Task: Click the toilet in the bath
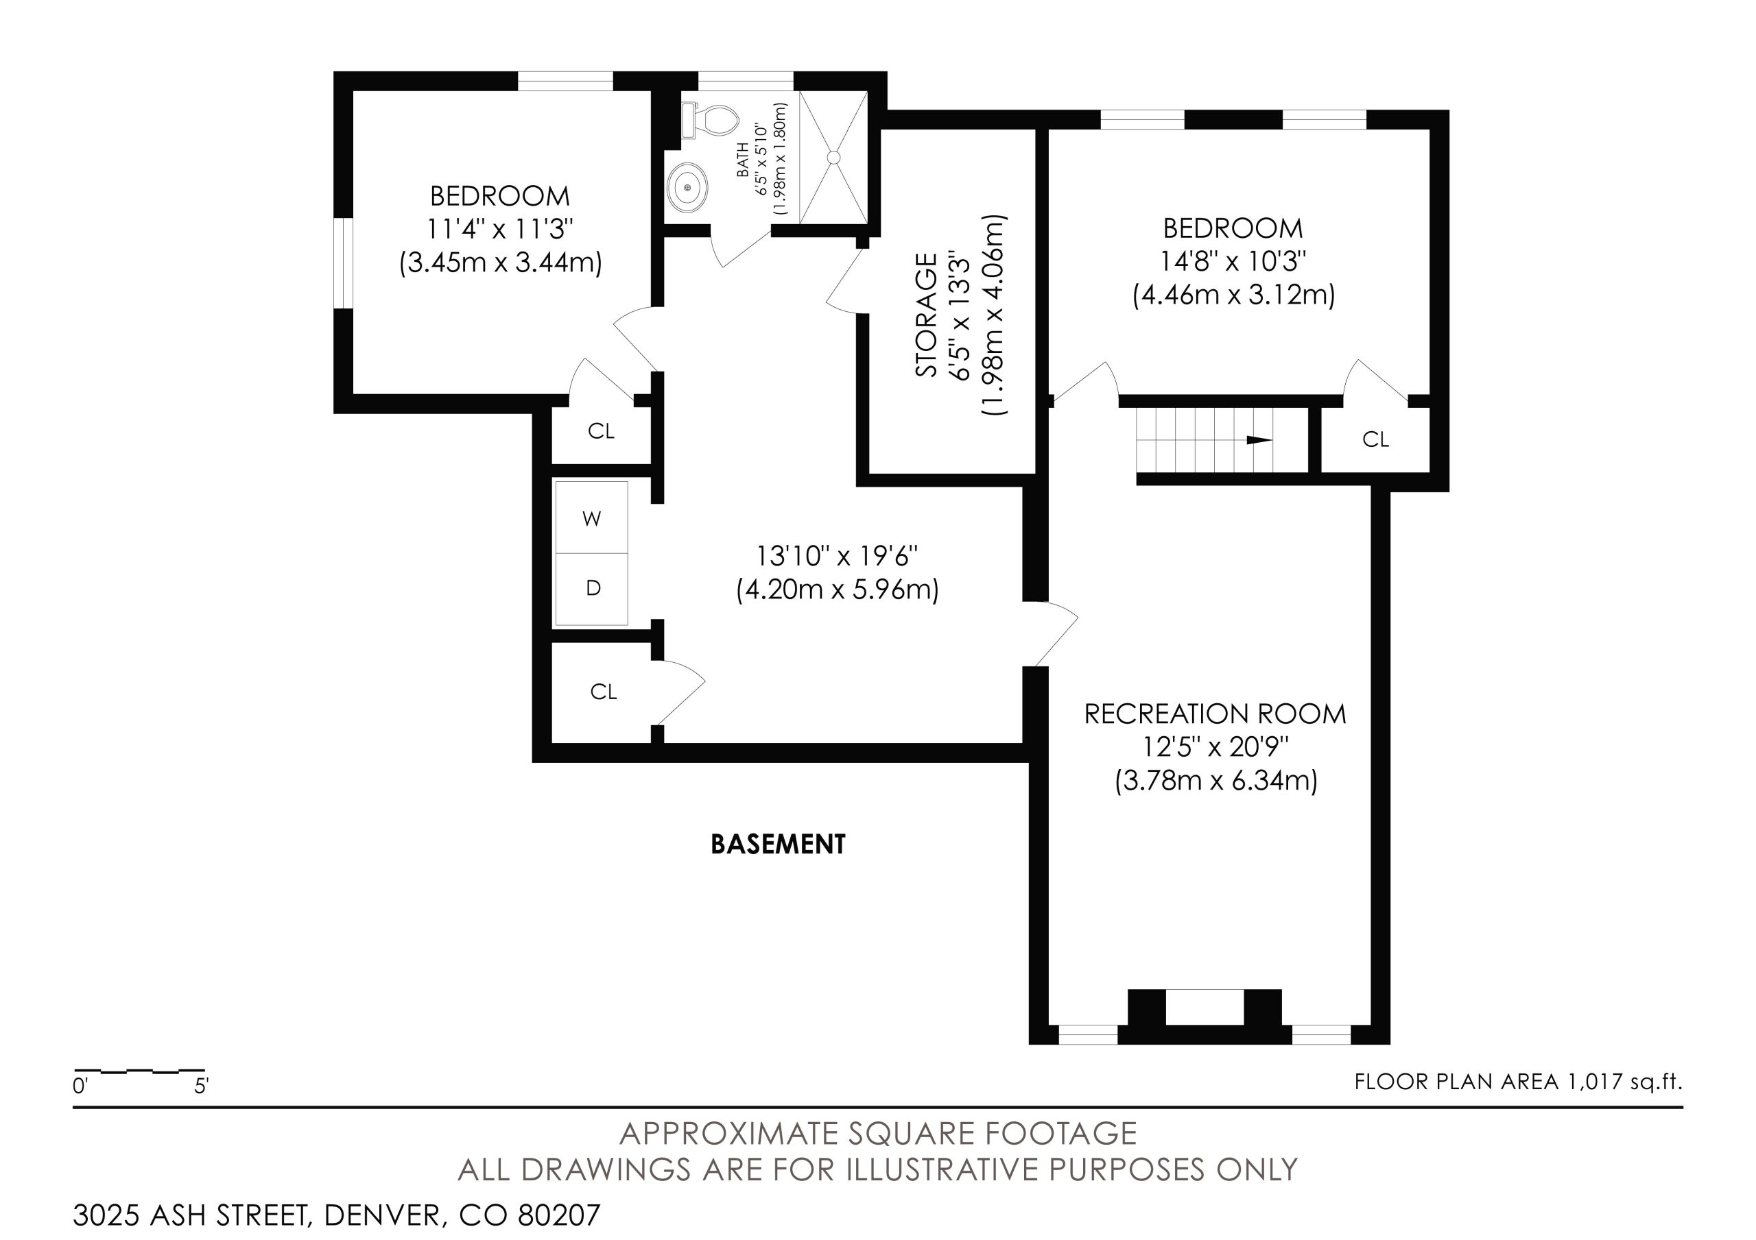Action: [x=711, y=121]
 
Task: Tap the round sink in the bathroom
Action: [x=687, y=187]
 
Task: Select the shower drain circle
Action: [x=833, y=158]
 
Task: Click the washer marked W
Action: [x=591, y=518]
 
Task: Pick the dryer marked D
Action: [x=591, y=588]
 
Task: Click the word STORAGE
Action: [x=926, y=314]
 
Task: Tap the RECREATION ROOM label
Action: [x=1215, y=714]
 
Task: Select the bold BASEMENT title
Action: [x=778, y=844]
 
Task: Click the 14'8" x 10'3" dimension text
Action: [x=1233, y=261]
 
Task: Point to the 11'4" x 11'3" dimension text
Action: [x=500, y=228]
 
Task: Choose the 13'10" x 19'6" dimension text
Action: [x=837, y=556]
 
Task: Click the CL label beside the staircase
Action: [x=1375, y=439]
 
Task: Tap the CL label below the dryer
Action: [x=604, y=692]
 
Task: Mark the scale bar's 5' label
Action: [x=201, y=1086]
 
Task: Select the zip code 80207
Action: [x=559, y=1215]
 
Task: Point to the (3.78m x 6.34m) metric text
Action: [x=1216, y=781]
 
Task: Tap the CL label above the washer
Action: [x=601, y=431]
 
